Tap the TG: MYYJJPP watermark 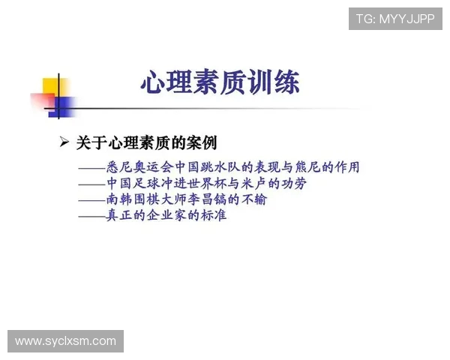tap(394, 19)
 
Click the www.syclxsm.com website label tap(65, 341)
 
